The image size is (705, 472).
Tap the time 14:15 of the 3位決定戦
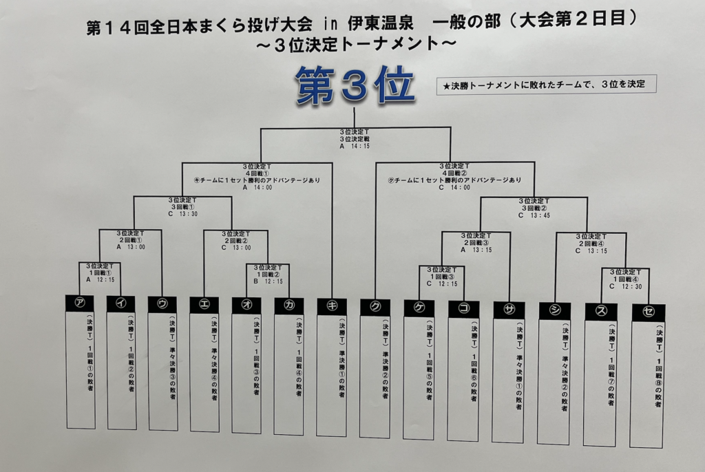click(x=359, y=147)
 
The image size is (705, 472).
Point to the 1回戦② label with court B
click(x=268, y=274)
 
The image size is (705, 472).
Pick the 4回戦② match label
click(x=454, y=173)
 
